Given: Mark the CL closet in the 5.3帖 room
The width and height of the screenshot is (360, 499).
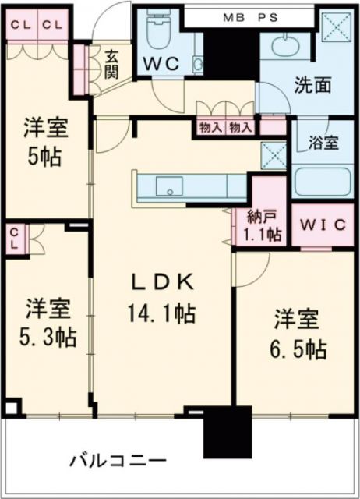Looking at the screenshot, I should tap(16, 239).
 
